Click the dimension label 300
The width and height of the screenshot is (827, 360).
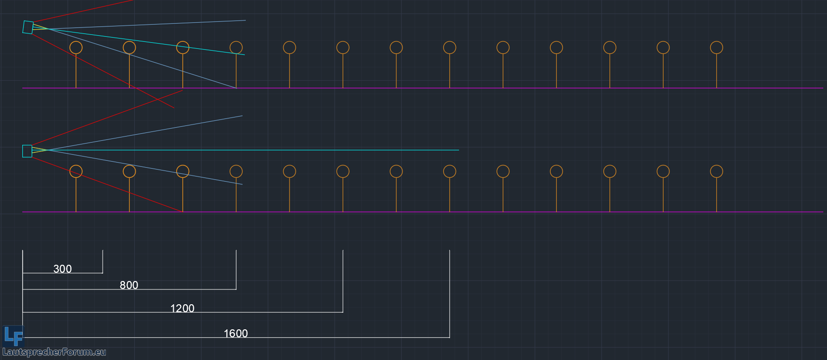[63, 269]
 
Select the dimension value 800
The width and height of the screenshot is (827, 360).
[129, 285]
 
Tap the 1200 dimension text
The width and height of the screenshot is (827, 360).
[182, 308]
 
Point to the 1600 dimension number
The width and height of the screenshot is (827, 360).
[236, 334]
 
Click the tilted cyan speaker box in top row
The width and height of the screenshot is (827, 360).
[28, 27]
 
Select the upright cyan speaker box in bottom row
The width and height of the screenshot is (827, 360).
[27, 151]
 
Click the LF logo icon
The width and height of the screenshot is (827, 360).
[13, 336]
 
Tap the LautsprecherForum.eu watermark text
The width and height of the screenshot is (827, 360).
[54, 352]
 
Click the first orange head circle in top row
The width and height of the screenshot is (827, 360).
[76, 47]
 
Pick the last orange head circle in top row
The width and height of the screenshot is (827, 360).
[716, 47]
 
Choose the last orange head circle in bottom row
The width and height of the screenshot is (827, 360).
[716, 171]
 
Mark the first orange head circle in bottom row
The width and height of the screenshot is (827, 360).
[76, 171]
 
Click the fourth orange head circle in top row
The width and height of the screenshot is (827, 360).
[236, 47]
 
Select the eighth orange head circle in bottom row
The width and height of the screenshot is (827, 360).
[449, 171]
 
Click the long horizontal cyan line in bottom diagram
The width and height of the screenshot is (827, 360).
[279, 150]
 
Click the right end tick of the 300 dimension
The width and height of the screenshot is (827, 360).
[103, 262]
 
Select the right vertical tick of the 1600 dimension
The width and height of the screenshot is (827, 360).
[449, 293]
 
